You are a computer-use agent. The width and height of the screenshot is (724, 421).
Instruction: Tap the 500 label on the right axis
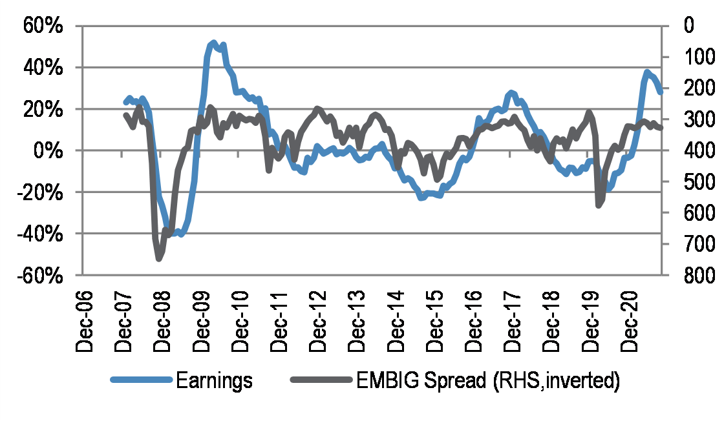[x=693, y=182]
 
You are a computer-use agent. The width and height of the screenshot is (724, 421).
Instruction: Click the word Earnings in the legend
[x=214, y=381]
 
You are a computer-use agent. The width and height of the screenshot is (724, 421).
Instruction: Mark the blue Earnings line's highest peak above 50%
[x=214, y=43]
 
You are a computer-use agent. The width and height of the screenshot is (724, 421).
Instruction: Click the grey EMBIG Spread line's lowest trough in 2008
[x=159, y=259]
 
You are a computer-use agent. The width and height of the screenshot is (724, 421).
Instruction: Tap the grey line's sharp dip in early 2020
[x=598, y=206]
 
